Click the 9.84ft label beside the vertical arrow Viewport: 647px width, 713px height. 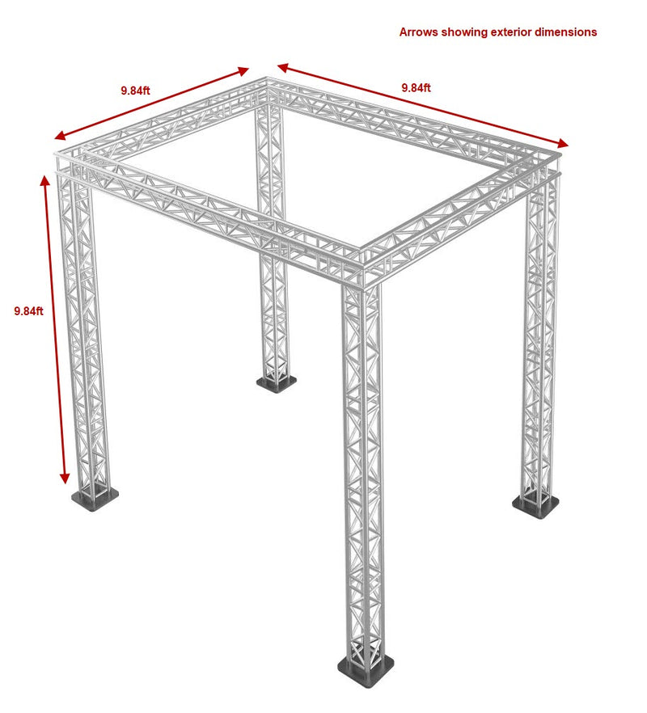[x=28, y=310]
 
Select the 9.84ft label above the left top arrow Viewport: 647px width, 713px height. [x=135, y=91]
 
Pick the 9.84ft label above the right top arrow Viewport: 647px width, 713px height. [x=416, y=87]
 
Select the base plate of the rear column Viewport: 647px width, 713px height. [x=277, y=383]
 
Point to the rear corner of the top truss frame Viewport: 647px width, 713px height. [x=270, y=84]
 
